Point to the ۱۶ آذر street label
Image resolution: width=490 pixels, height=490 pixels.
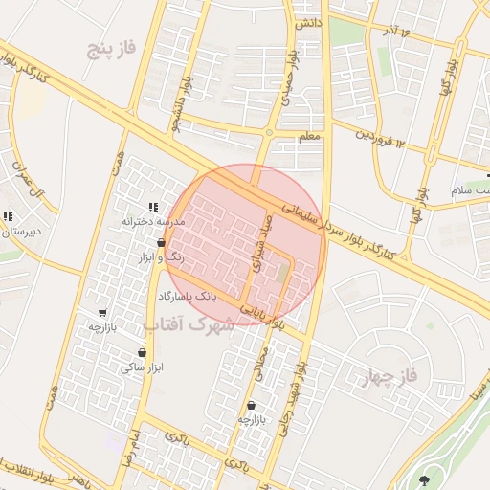397,32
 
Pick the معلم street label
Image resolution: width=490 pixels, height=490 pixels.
308,137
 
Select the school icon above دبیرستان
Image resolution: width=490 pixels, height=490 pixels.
9,217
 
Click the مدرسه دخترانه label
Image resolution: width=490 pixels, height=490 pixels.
153,221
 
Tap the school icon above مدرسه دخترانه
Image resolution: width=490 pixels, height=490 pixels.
153,207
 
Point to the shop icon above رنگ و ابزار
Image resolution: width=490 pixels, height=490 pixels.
161,244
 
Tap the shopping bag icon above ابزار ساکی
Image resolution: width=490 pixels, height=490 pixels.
142,353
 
